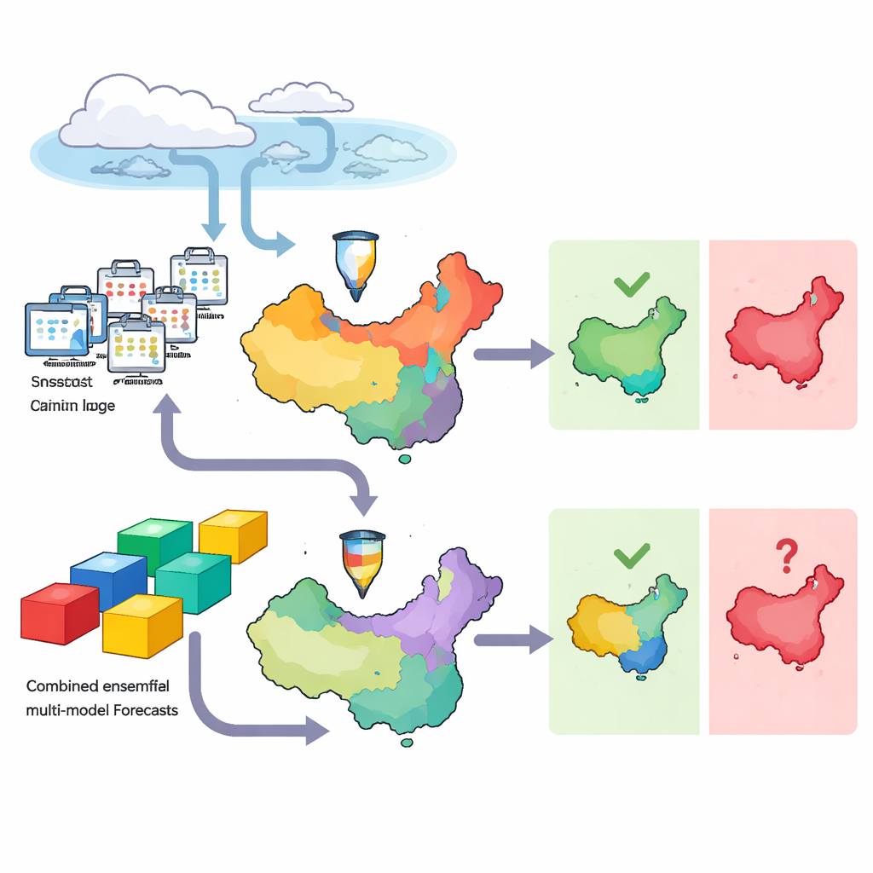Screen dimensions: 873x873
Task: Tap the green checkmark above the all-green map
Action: (x=632, y=284)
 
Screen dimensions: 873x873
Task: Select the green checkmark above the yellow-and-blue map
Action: (x=632, y=557)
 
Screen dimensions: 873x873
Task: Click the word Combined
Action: (x=61, y=685)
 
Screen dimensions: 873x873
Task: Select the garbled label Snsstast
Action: (x=61, y=383)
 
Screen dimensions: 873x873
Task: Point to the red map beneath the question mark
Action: (x=780, y=622)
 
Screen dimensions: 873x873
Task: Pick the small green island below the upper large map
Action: (x=405, y=460)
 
